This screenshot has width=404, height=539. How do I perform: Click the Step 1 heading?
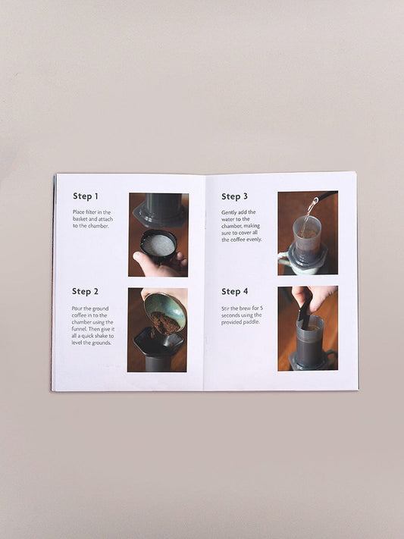pyautogui.click(x=86, y=196)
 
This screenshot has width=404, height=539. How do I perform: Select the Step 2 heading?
pyautogui.click(x=86, y=291)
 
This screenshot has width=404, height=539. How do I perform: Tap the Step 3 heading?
pyautogui.click(x=234, y=196)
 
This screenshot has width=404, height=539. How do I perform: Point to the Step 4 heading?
pyautogui.click(x=234, y=291)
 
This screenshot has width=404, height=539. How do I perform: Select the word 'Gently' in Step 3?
pyautogui.click(x=230, y=212)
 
